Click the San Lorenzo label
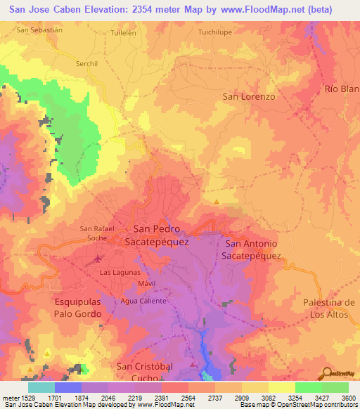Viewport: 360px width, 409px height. pos(248,96)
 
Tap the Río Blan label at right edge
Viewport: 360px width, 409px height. pos(342,89)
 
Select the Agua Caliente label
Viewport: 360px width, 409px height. pos(143,301)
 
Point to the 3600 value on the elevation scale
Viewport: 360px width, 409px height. pos(348,398)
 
